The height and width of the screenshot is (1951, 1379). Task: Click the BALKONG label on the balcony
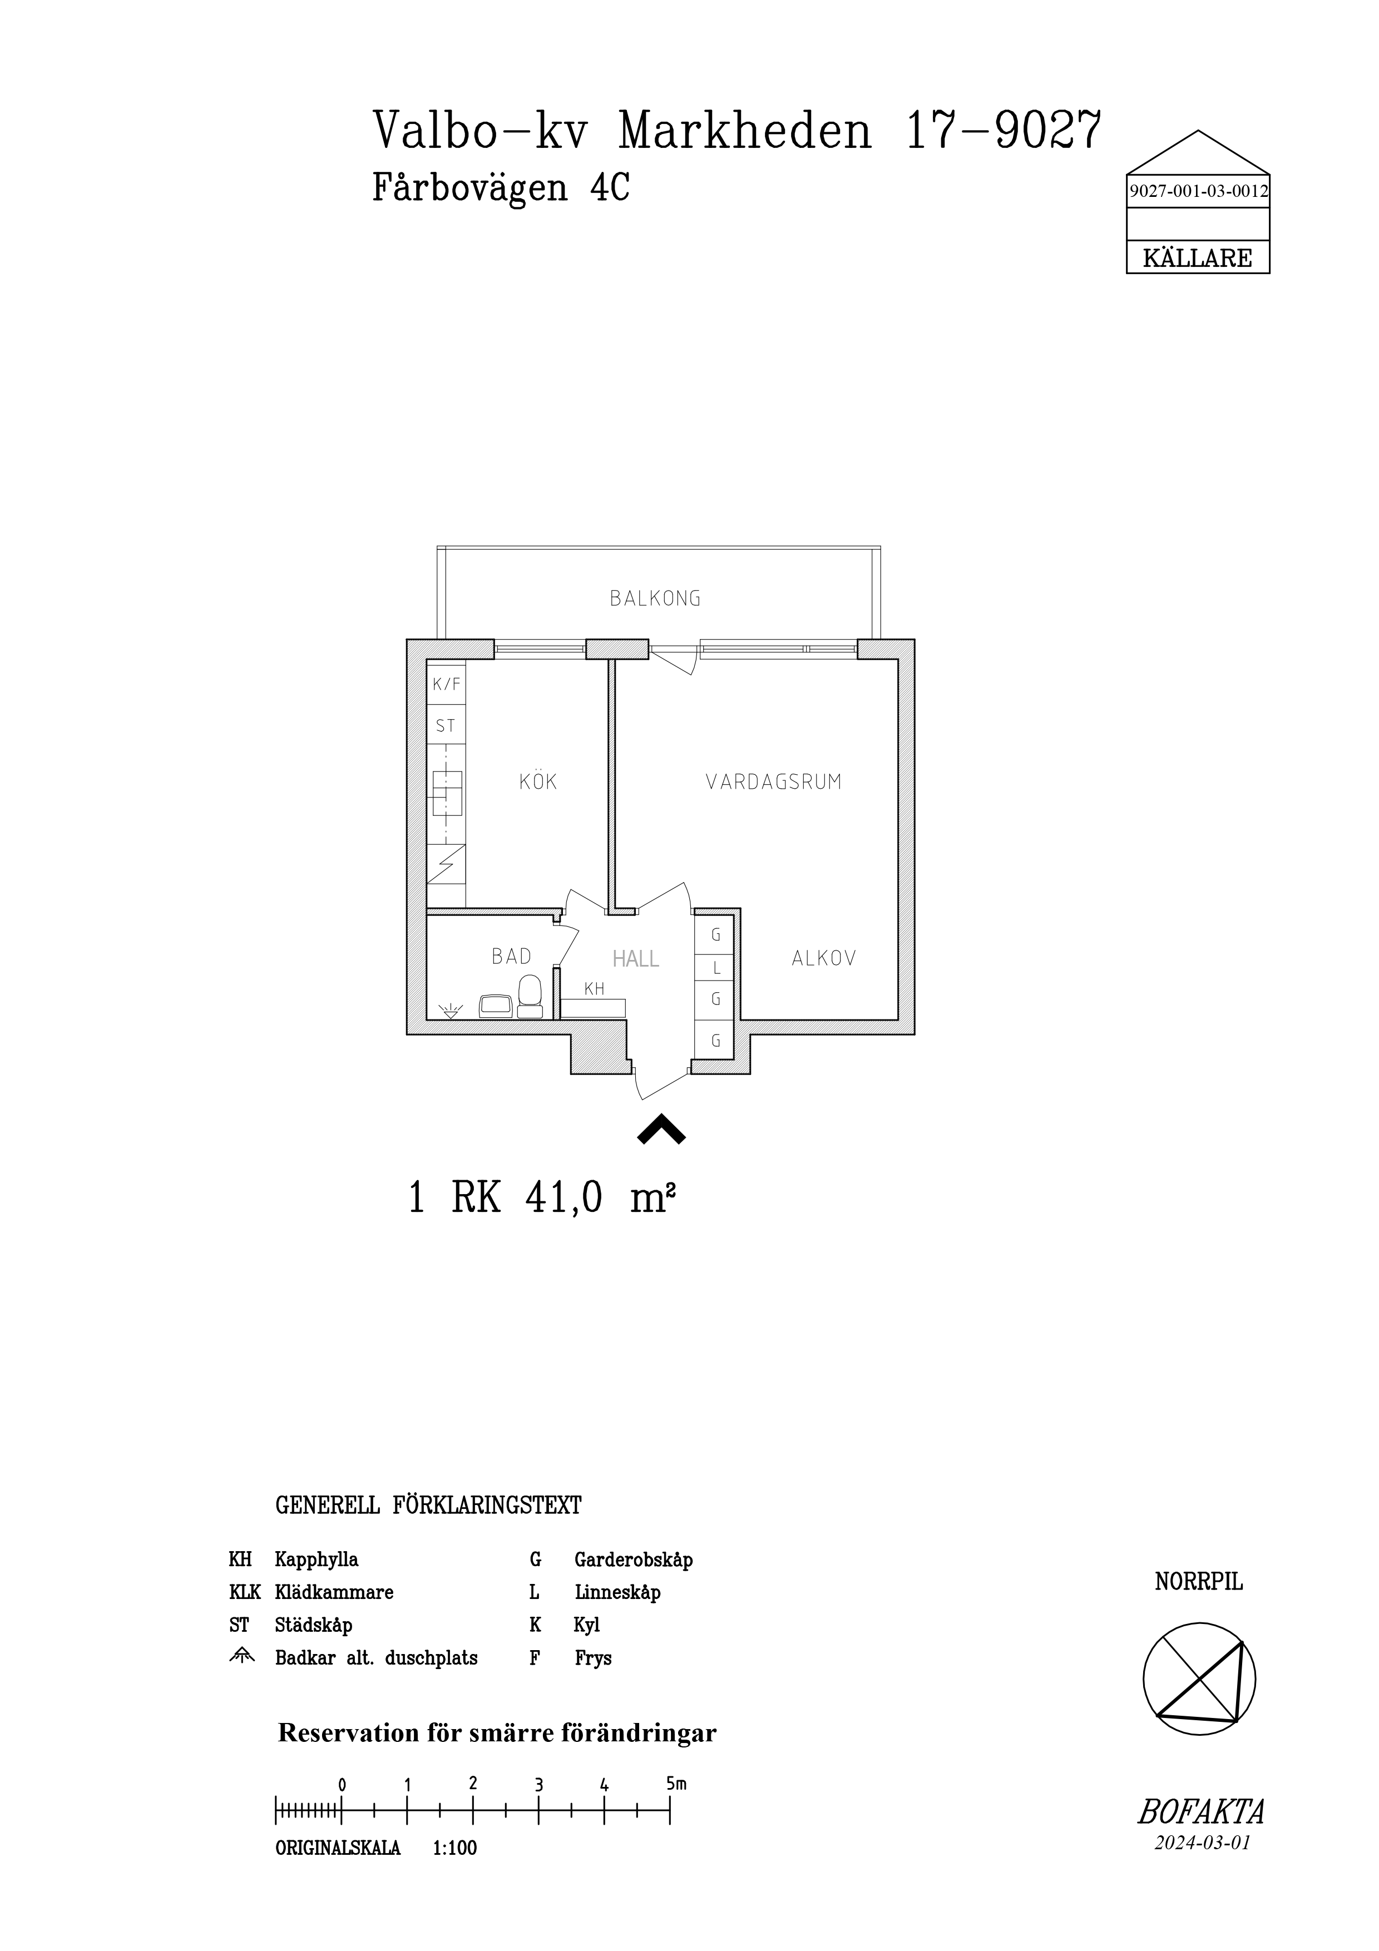coord(655,598)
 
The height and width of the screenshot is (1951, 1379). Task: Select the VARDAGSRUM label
coord(773,782)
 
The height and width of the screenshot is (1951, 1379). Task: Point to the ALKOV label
coord(823,958)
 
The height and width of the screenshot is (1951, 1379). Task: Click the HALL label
coord(636,959)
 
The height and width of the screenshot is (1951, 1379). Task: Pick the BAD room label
coord(512,957)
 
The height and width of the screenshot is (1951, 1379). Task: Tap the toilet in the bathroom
coord(530,996)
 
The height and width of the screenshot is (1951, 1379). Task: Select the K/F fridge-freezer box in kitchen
coord(446,684)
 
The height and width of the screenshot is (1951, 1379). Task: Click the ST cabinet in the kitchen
coord(446,726)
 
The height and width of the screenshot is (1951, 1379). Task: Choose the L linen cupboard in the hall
coord(715,967)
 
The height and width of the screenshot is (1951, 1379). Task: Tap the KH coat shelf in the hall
coord(593,1007)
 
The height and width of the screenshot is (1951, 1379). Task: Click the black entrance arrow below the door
coord(661,1130)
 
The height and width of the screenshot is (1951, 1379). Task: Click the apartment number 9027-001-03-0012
coord(1198,192)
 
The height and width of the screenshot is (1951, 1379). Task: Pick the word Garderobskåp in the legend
coord(634,1560)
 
